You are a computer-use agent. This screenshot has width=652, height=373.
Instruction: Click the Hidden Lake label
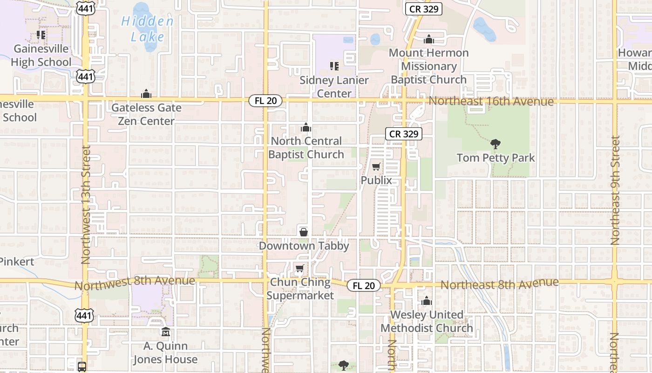pyautogui.click(x=147, y=29)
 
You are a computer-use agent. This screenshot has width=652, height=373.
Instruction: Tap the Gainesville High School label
pyautogui.click(x=41, y=55)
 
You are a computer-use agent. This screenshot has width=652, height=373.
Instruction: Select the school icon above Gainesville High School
pyautogui.click(x=41, y=35)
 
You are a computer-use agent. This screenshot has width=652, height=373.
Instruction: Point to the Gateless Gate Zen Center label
pyautogui.click(x=146, y=114)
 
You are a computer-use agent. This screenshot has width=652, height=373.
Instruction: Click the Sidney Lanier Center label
pyautogui.click(x=334, y=87)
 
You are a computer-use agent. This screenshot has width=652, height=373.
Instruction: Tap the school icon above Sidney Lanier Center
pyautogui.click(x=334, y=66)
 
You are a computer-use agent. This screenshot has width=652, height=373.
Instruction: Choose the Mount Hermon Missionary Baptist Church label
pyautogui.click(x=428, y=66)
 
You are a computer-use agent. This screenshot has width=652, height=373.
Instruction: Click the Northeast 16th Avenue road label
pyautogui.click(x=491, y=101)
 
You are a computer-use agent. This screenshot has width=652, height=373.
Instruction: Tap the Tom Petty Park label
pyautogui.click(x=496, y=158)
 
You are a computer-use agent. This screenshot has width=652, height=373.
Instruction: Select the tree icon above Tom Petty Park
pyautogui.click(x=496, y=144)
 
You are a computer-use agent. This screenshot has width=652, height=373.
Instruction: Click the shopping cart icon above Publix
pyautogui.click(x=376, y=167)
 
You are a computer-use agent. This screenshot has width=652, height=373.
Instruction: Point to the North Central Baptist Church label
pyautogui.click(x=306, y=147)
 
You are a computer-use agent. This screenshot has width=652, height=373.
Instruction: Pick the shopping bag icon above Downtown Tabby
pyautogui.click(x=304, y=232)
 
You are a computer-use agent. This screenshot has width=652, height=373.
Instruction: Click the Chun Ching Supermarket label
pyautogui.click(x=300, y=289)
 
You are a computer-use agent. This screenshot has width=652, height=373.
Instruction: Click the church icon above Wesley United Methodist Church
pyautogui.click(x=427, y=302)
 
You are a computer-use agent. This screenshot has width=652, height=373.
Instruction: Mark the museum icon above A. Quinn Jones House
pyautogui.click(x=165, y=332)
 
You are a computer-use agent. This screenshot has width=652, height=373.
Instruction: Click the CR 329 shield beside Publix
pyautogui.click(x=404, y=134)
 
